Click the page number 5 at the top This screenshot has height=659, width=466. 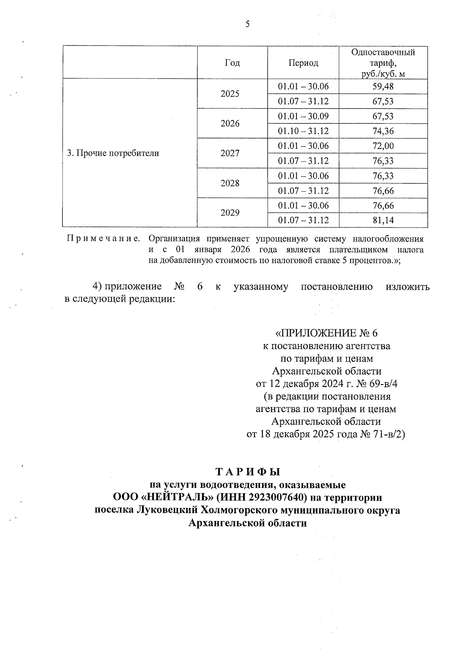[x=247, y=24]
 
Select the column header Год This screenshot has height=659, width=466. [x=232, y=63]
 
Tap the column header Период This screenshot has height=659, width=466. [x=303, y=63]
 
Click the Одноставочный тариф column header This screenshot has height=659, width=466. [x=383, y=63]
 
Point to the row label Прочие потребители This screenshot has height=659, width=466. [x=113, y=153]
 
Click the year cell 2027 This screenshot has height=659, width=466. [x=230, y=153]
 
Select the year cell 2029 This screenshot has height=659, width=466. [x=230, y=213]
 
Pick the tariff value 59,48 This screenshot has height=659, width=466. [x=383, y=86]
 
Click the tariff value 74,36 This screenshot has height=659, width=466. [x=383, y=131]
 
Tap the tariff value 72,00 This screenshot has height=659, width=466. [x=383, y=146]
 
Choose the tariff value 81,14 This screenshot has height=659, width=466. [x=383, y=221]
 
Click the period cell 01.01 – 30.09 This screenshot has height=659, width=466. [x=303, y=116]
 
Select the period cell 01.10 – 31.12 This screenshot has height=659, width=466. [x=303, y=131]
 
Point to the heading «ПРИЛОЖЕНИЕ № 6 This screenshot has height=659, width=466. [x=326, y=333]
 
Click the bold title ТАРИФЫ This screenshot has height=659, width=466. [x=248, y=472]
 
